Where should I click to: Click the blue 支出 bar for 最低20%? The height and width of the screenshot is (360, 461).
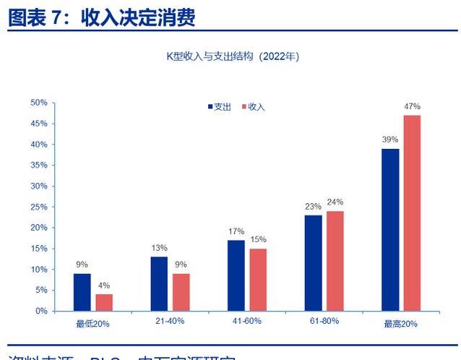tap(82, 292)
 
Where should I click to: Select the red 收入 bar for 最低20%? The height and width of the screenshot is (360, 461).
tap(104, 302)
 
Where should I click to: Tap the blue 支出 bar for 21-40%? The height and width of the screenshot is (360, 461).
tap(160, 283)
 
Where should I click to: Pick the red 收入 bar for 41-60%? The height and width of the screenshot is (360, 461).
tap(258, 280)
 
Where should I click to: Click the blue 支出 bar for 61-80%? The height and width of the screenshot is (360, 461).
tap(313, 262)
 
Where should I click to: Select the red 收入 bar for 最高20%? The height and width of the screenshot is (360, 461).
tap(412, 213)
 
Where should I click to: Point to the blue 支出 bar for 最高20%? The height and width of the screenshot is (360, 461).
tap(390, 229)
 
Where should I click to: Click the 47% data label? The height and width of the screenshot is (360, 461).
tap(412, 107)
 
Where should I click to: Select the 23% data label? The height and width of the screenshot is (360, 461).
tap(313, 207)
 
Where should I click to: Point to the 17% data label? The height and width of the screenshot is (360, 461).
tap(236, 231)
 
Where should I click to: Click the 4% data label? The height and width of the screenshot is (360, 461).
tap(104, 286)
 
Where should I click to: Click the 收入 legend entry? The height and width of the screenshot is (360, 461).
tap(253, 107)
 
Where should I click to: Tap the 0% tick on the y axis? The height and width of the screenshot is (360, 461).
tap(41, 311)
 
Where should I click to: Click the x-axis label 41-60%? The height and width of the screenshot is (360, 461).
tap(247, 321)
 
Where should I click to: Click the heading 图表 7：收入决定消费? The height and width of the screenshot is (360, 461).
tap(102, 17)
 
